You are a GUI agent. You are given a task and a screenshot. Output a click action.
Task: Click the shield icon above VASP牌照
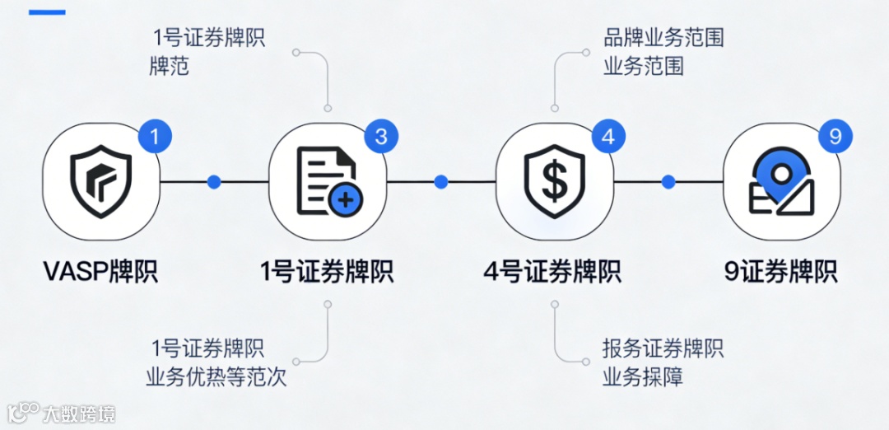(x=100, y=182)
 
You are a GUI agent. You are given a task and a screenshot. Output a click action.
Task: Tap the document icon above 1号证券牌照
(x=328, y=182)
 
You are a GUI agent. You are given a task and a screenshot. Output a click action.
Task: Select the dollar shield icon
(x=554, y=182)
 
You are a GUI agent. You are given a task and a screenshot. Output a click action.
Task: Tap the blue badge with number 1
(x=155, y=136)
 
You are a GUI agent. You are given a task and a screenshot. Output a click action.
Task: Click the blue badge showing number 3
(x=381, y=136)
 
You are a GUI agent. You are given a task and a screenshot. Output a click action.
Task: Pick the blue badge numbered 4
(x=607, y=136)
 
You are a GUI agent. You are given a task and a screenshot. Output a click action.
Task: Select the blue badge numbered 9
(x=835, y=136)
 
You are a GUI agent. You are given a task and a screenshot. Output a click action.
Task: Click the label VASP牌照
(x=100, y=271)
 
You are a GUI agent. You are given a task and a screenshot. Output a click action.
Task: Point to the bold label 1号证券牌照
(x=327, y=271)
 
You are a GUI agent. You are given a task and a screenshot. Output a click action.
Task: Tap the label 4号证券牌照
(x=553, y=271)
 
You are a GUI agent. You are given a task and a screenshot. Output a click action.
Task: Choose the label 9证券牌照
(x=780, y=271)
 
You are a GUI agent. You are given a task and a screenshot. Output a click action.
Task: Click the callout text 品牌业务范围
(x=663, y=38)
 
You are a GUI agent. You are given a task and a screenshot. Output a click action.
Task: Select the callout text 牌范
(x=169, y=67)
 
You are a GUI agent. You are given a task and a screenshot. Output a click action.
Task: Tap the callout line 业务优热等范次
(x=216, y=377)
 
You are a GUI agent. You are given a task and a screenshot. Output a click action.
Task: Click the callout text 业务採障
(x=643, y=377)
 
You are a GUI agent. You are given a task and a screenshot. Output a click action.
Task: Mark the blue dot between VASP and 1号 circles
(x=214, y=182)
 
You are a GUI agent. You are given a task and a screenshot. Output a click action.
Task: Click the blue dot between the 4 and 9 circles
(x=668, y=182)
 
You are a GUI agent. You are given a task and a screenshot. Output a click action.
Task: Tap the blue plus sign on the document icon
(x=345, y=200)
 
